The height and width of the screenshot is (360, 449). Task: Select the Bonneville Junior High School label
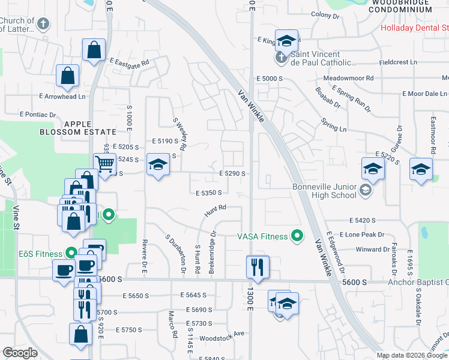point(324,191)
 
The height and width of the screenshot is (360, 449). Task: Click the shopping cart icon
point(104,163)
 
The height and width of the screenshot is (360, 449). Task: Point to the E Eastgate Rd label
point(129,61)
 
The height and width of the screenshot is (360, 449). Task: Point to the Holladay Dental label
point(414,28)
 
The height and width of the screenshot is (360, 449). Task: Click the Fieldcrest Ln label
point(398,62)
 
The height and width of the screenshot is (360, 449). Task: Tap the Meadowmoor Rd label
point(348,79)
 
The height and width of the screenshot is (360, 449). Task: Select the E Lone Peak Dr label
point(361,235)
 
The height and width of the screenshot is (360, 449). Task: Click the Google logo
point(20,353)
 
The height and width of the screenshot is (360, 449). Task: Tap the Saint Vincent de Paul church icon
point(280,58)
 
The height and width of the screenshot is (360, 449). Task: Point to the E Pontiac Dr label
point(37,114)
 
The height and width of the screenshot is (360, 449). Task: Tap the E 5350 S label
point(209,193)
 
